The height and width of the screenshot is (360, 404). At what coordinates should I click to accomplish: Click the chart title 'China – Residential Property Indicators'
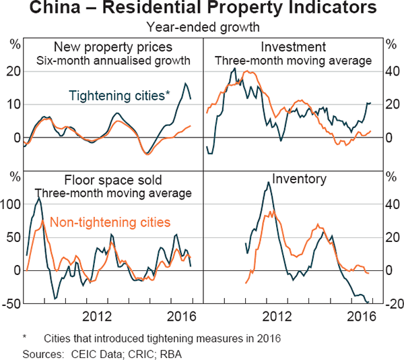tap(202, 10)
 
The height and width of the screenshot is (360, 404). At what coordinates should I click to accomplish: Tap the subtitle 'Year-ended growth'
tap(202, 28)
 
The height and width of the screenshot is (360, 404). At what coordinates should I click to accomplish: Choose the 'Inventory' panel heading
tap(299, 179)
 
